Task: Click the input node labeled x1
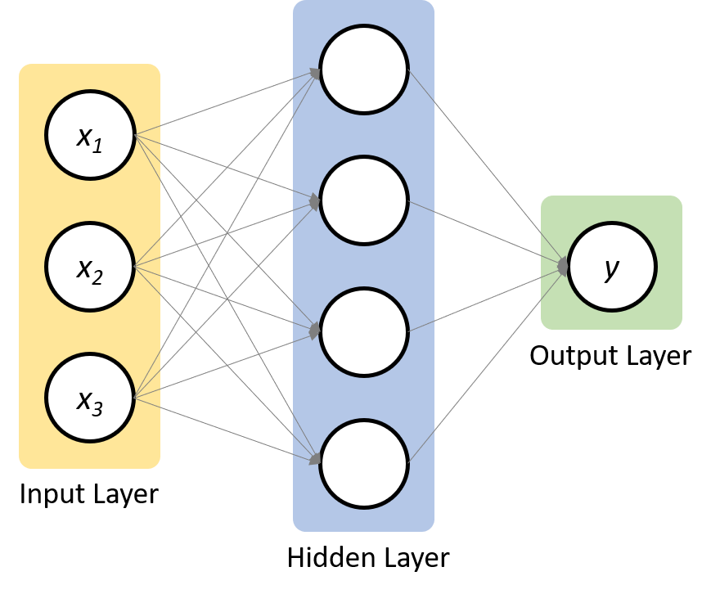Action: click(x=90, y=135)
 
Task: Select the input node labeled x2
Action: click(x=90, y=267)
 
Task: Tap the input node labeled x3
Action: click(x=90, y=398)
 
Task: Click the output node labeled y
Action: click(x=612, y=267)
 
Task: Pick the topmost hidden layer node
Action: click(x=364, y=70)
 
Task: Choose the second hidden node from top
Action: click(x=364, y=200)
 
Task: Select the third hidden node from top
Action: click(x=364, y=331)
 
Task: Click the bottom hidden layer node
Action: click(x=364, y=463)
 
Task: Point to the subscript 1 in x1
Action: click(x=97, y=146)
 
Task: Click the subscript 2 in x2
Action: click(x=97, y=277)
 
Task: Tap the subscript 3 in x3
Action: click(x=97, y=409)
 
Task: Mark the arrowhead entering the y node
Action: click(x=563, y=266)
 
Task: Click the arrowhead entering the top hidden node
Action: click(x=315, y=74)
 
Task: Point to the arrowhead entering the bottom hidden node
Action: click(x=315, y=460)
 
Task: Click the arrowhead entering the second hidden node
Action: click(x=315, y=200)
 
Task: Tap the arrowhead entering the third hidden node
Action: click(x=315, y=331)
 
